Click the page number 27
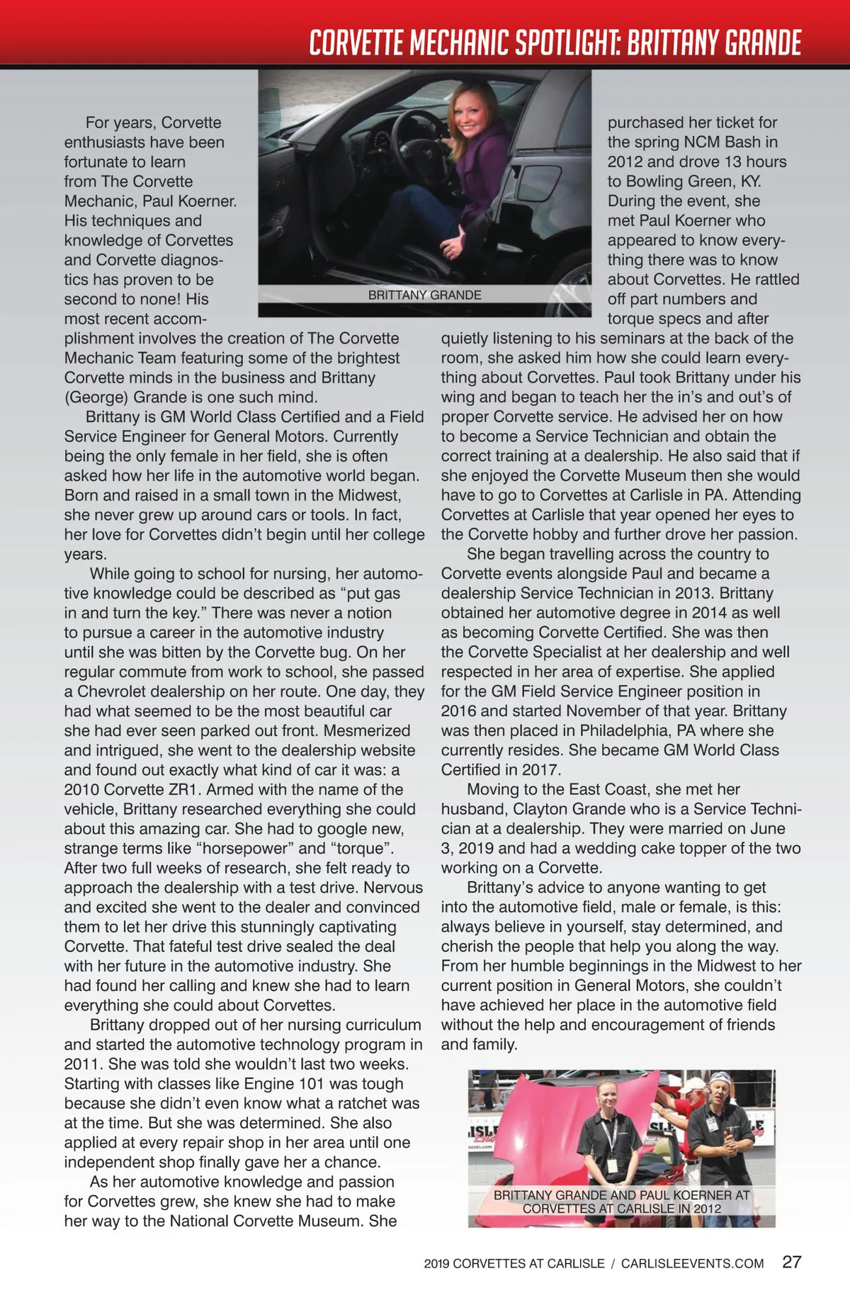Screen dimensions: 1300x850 (792, 1262)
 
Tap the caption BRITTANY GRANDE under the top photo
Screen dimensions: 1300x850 (424, 295)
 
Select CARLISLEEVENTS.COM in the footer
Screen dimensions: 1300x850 (692, 1263)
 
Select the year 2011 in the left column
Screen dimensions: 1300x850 (82, 1064)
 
